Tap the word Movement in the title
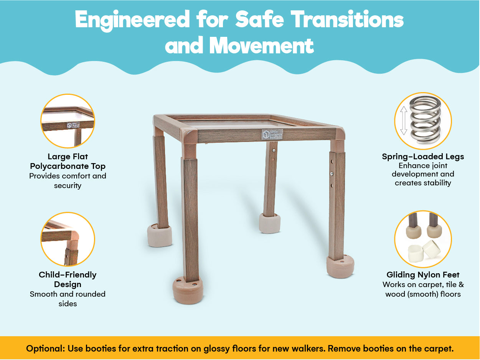coord(262,46)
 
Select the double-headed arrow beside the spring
coord(404,121)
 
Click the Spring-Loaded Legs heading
coord(423,157)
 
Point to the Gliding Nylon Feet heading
coord(423,275)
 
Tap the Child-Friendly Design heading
coord(68,279)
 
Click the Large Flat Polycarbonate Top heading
coord(68,162)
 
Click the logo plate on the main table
coord(272,134)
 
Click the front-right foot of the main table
coord(340,267)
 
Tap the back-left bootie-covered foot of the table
coord(159,235)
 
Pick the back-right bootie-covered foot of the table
coord(270,223)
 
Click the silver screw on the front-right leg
coord(332,174)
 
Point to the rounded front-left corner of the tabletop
coord(188,135)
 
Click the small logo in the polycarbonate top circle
coord(73,126)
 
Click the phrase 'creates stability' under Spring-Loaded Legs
coord(423,183)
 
